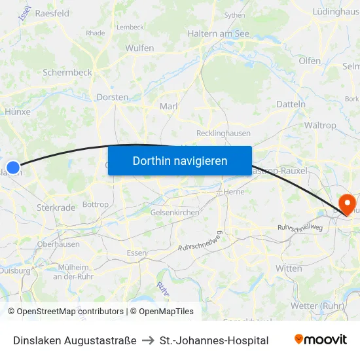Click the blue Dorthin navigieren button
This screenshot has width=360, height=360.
180,160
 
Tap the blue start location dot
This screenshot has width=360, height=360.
12,167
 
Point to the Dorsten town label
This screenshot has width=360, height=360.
112,97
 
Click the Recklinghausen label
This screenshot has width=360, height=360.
223,133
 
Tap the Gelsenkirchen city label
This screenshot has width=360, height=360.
175,212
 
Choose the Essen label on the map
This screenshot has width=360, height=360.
136,253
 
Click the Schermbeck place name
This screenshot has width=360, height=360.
67,73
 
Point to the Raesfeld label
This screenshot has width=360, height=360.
52,13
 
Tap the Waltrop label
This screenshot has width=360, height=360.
320,125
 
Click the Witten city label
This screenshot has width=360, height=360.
289,268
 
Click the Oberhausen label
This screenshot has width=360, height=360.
58,243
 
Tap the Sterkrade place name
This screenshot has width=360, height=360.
56,207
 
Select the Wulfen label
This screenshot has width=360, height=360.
139,48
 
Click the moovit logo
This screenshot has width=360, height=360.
321,340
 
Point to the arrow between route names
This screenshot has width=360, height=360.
148,340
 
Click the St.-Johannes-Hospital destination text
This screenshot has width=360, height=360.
214,340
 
